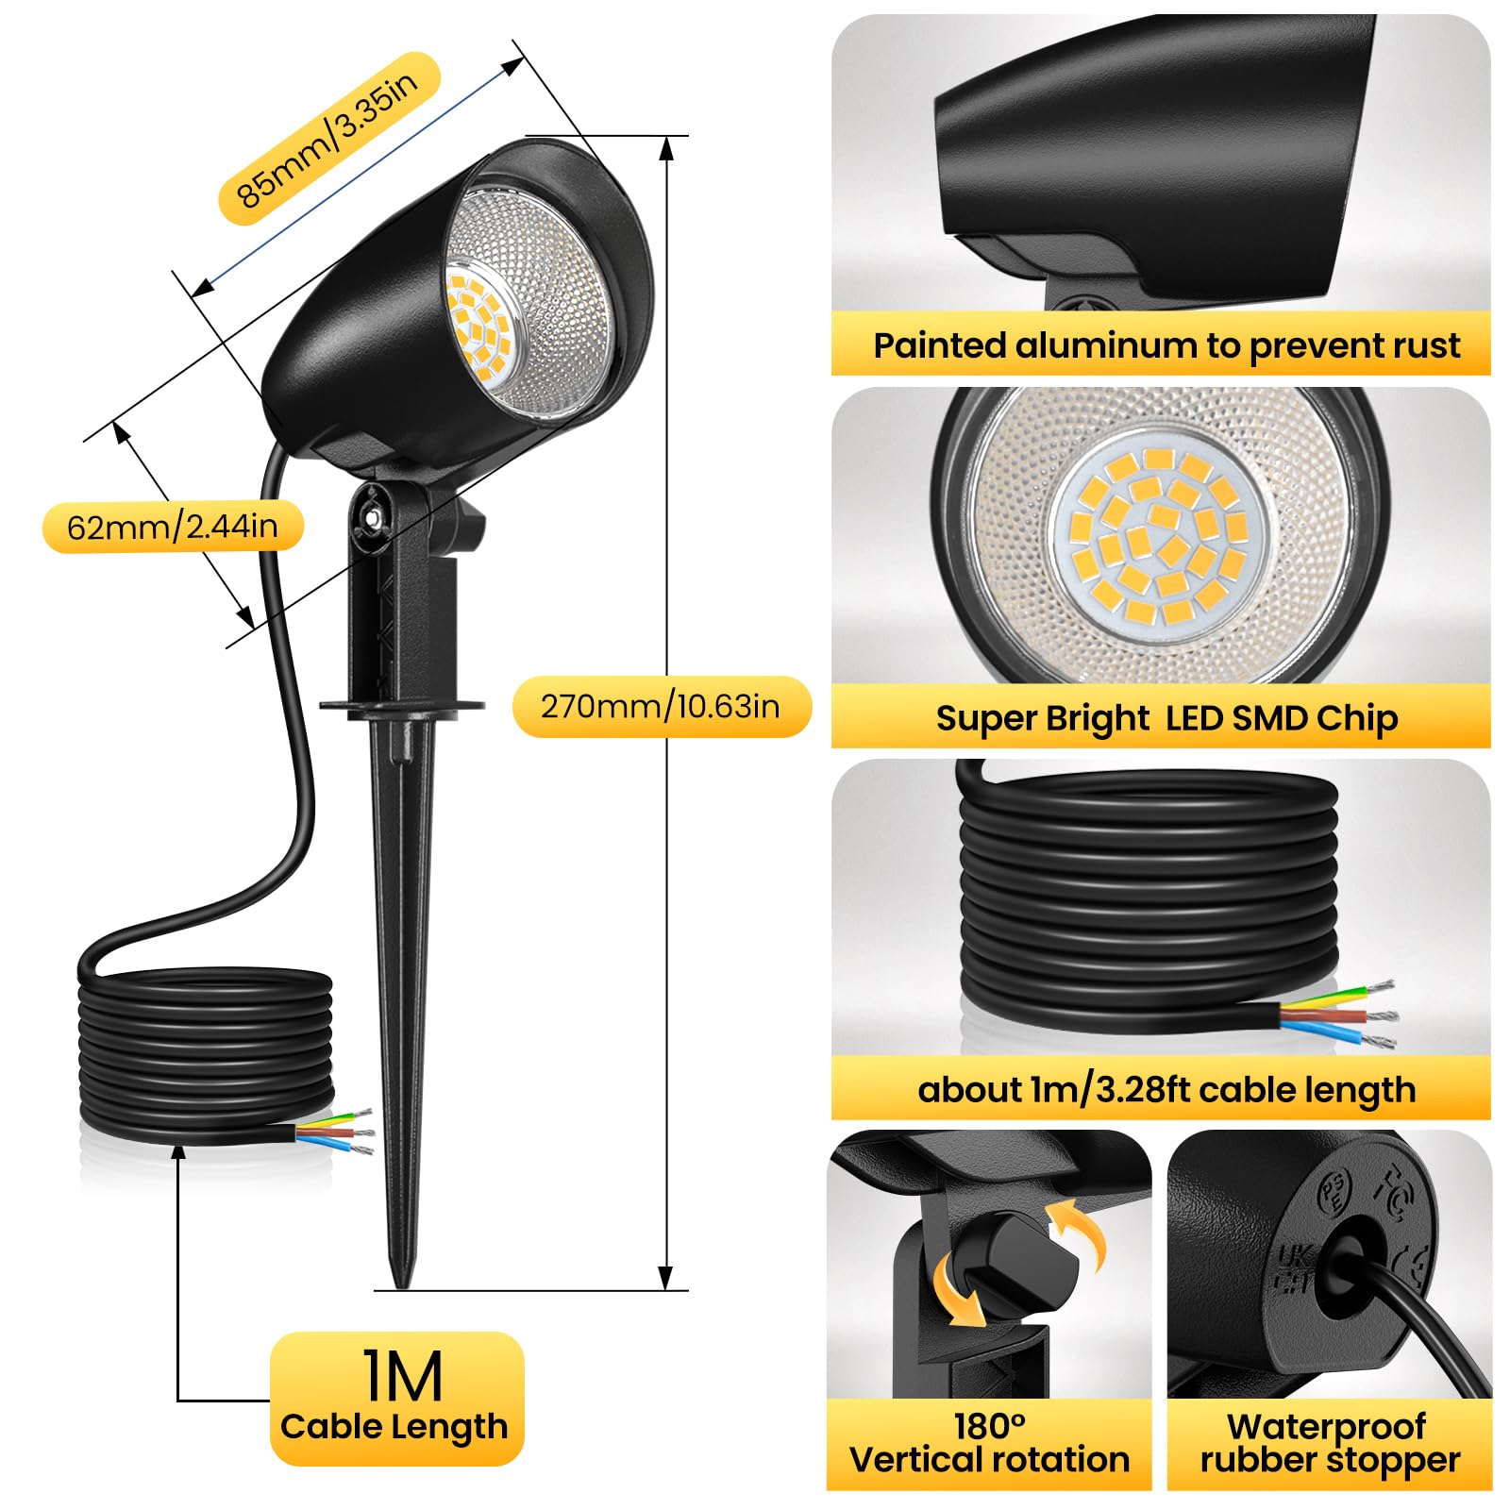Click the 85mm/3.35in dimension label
coord(329,139)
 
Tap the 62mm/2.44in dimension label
coord(173,526)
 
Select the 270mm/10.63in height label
coord(661,706)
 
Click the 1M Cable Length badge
coord(396,1398)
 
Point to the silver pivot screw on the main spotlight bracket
coord(375,516)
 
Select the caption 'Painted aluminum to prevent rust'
coord(1166,345)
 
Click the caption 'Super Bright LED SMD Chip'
coord(1166,718)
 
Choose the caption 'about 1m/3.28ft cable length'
coord(1166,1090)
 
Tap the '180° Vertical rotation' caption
coord(989,1443)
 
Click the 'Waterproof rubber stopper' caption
coord(1330,1443)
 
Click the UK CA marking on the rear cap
coord(1291,1267)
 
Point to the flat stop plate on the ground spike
coord(402,705)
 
